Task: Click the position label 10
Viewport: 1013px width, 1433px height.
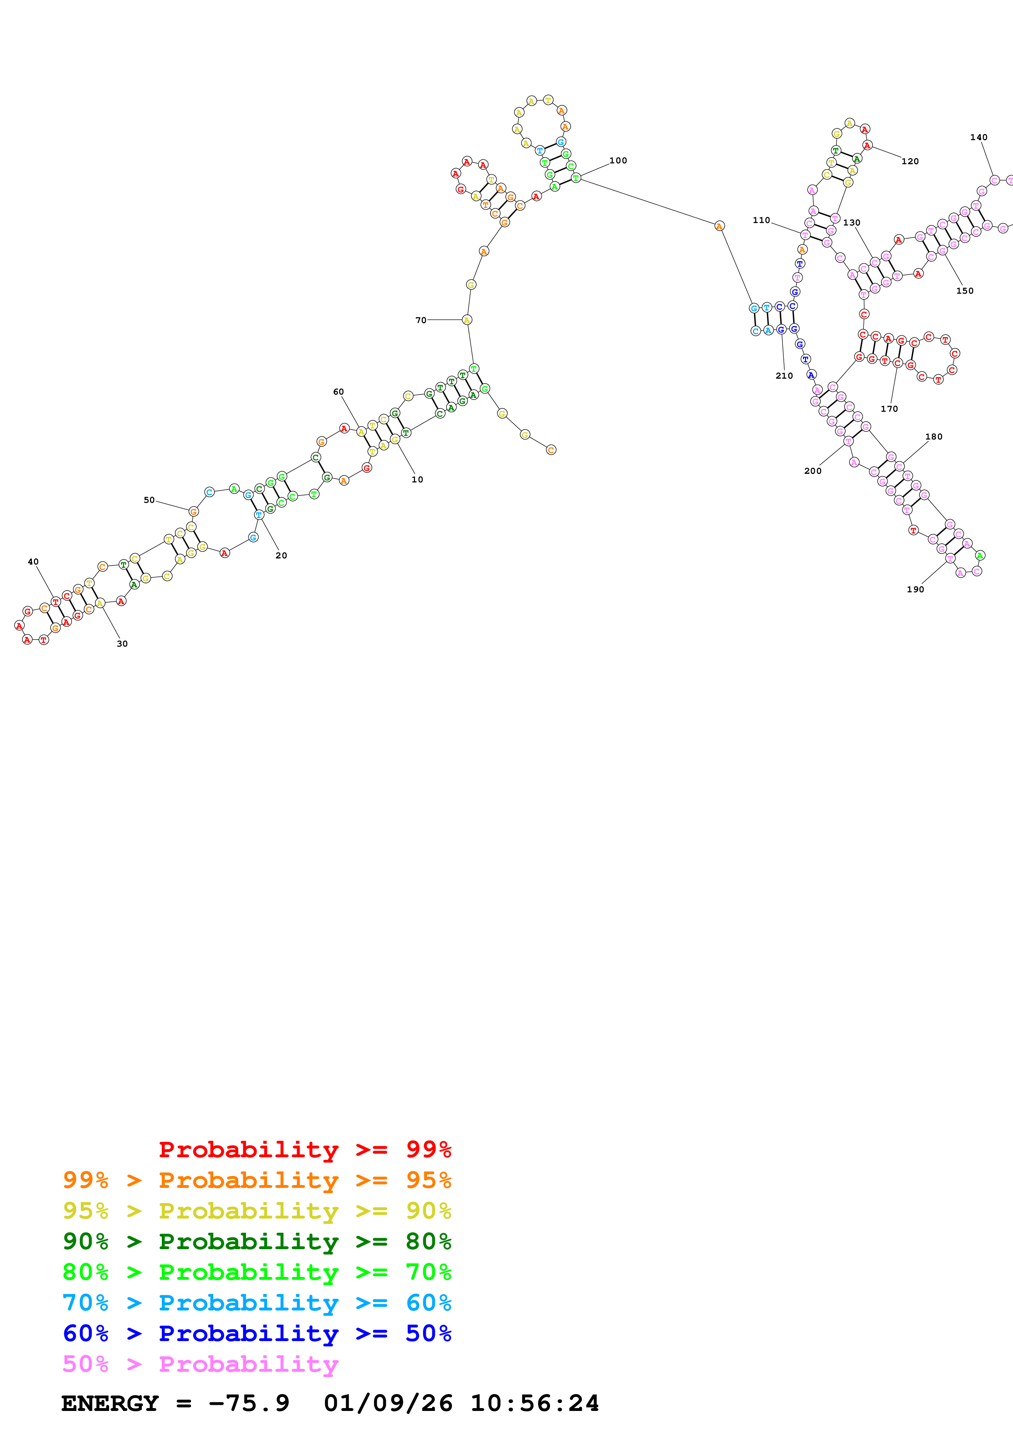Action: (417, 479)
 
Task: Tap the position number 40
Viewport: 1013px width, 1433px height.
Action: (33, 562)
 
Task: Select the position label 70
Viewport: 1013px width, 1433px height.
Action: (420, 320)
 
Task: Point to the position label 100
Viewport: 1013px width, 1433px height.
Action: (618, 161)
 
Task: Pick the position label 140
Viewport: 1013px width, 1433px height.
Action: (978, 137)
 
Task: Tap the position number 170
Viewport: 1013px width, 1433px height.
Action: (889, 409)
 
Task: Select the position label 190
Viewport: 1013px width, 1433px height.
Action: (915, 589)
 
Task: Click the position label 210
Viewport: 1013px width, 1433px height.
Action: (784, 376)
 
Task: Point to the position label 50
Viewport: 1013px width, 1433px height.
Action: (149, 500)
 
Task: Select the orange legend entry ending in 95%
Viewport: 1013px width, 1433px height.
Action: (257, 1180)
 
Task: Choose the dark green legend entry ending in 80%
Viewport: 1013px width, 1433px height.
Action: (257, 1241)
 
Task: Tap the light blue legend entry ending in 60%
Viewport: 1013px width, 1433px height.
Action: (257, 1303)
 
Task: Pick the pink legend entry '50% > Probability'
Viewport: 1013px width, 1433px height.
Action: (200, 1364)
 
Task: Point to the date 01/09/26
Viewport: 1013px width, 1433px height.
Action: (388, 1403)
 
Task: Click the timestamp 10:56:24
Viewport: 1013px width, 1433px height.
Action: (534, 1403)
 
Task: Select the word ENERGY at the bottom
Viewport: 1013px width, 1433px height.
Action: (110, 1403)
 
